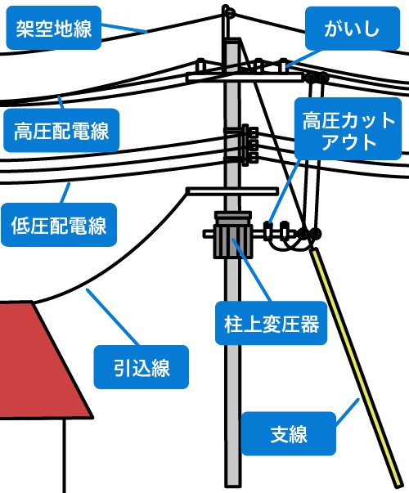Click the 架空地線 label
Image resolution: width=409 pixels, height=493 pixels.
point(53,28)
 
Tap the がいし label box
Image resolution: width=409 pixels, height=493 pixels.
point(353,29)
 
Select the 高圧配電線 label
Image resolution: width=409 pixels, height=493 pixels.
point(61,131)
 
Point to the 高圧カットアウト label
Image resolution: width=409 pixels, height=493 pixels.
point(348,128)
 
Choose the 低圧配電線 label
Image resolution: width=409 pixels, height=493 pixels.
point(59,225)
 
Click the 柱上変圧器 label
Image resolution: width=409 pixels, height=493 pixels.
point(272,323)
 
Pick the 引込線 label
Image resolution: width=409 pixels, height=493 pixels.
point(142,367)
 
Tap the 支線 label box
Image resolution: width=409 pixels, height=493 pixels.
point(289,433)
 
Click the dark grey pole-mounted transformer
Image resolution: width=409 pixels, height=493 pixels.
point(233,235)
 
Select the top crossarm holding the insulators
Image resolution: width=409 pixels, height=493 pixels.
point(245,78)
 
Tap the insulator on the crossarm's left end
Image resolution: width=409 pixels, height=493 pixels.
point(200,65)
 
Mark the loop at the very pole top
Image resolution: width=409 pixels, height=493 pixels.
point(228,12)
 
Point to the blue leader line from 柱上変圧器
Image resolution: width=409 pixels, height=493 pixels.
point(252,271)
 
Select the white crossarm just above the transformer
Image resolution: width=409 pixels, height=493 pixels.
point(232,190)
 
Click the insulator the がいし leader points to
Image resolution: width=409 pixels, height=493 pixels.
point(284,65)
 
